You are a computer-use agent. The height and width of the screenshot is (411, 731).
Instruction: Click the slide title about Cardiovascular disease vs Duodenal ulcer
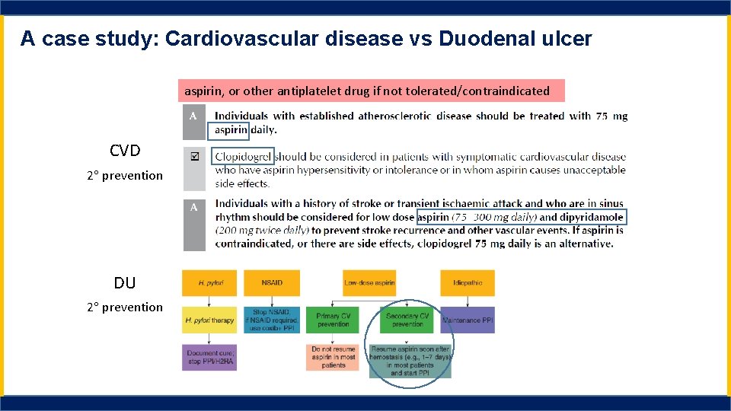(306, 38)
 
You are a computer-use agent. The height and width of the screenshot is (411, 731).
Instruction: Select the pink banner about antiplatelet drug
(372, 91)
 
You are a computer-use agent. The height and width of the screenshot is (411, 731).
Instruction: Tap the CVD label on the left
(125, 151)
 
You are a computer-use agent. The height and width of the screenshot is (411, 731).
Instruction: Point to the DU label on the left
(125, 283)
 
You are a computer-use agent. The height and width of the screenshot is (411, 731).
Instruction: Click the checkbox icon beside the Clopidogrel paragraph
(194, 156)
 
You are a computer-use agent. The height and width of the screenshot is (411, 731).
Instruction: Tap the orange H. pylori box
(209, 283)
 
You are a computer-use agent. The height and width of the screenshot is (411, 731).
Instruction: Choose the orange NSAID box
(272, 283)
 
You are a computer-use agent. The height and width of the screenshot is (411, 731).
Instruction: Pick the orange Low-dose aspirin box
(369, 283)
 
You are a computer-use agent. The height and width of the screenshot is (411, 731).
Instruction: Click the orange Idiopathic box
(467, 283)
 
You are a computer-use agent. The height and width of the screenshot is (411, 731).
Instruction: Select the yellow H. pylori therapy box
(209, 320)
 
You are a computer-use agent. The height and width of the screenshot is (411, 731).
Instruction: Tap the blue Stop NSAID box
(272, 320)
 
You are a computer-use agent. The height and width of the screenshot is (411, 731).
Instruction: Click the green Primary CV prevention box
(333, 320)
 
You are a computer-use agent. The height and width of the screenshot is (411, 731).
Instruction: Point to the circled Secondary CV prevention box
(407, 320)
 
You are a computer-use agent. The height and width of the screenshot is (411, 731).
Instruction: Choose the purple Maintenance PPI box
(467, 320)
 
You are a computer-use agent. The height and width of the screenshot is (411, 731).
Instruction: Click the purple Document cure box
(209, 358)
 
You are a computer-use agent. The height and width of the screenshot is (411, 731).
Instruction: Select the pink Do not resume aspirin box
(333, 358)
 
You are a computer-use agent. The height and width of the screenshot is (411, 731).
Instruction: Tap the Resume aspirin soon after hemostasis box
(410, 362)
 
